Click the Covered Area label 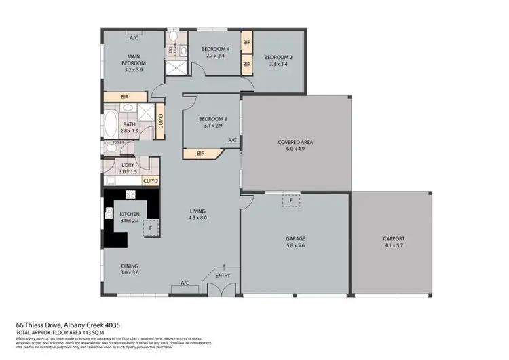pyautogui.click(x=295, y=142)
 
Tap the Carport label pyautogui.click(x=394, y=239)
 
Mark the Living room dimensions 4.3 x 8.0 pyautogui.click(x=197, y=219)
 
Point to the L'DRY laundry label pyautogui.click(x=127, y=165)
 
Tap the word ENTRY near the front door pyautogui.click(x=223, y=275)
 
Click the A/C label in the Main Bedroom pyautogui.click(x=134, y=39)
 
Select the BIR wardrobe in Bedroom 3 pyautogui.click(x=200, y=154)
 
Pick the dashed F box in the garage pyautogui.click(x=290, y=200)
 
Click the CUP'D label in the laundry pyautogui.click(x=149, y=181)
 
